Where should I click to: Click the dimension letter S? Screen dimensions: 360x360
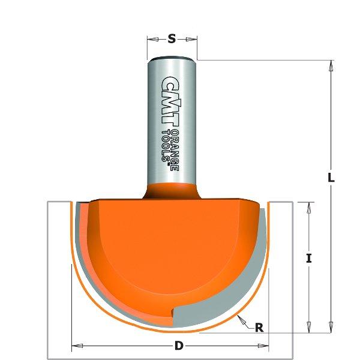point(172,40)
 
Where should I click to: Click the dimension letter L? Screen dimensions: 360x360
point(331,179)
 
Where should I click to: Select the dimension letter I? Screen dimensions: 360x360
point(308,259)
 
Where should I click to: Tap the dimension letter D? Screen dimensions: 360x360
point(178,346)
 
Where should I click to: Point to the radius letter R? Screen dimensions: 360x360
point(259,328)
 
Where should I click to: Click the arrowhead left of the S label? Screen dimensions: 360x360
point(152,40)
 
